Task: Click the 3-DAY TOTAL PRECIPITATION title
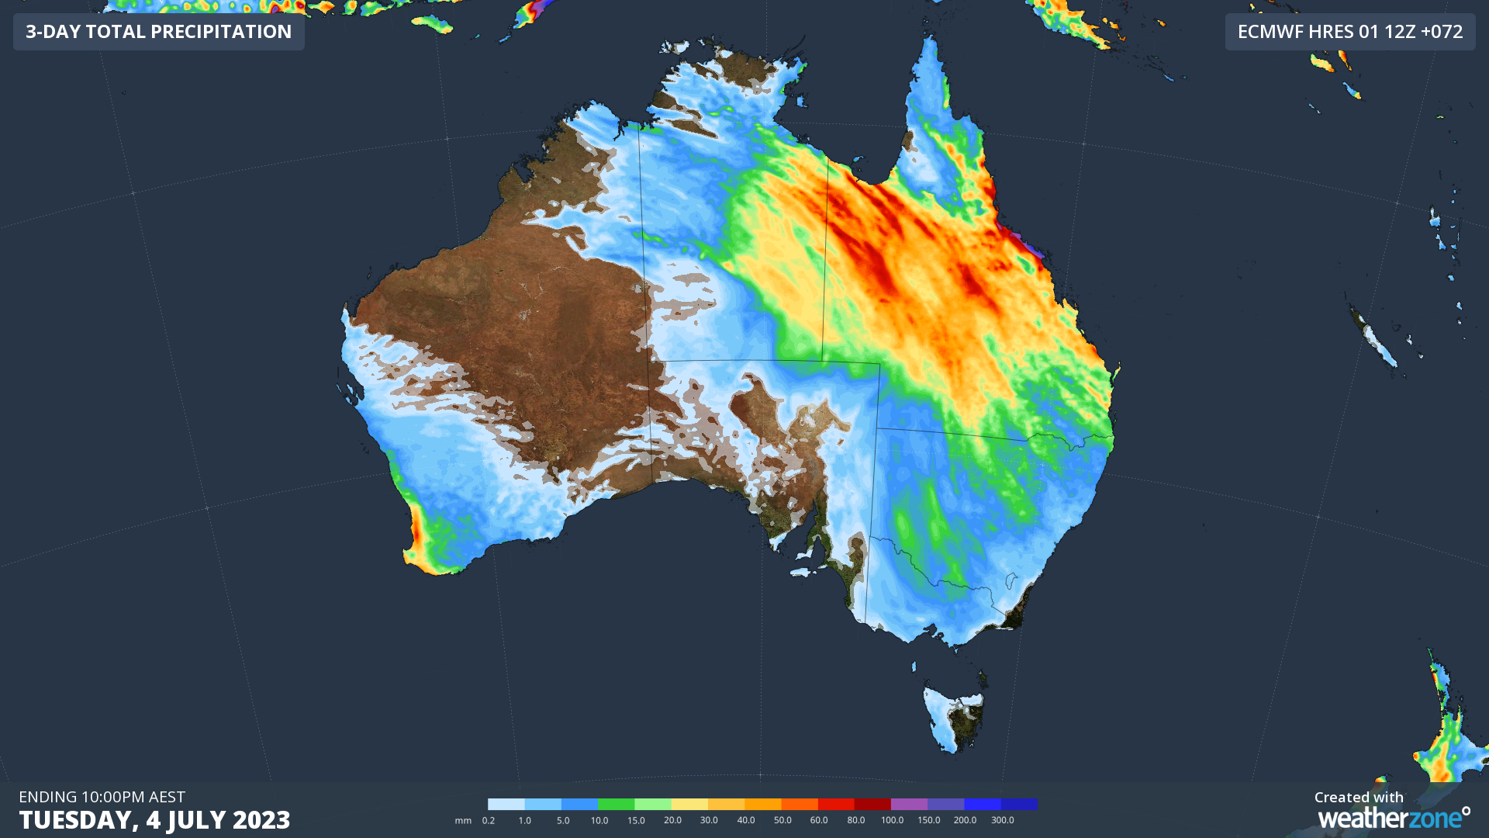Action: tap(158, 32)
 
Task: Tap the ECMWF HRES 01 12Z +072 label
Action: tap(1349, 32)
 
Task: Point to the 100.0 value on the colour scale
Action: tap(892, 820)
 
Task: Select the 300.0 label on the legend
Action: tap(1002, 820)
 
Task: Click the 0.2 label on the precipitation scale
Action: tap(489, 820)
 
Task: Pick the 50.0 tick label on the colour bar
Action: tap(783, 820)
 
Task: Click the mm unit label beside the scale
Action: tap(463, 820)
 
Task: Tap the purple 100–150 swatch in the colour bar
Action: tap(909, 804)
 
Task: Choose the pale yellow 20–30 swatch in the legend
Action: tap(689, 804)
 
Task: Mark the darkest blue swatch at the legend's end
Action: tap(1019, 804)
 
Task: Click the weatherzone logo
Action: tap(1394, 818)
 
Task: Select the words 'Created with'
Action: tap(1359, 797)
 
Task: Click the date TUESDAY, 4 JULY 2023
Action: tap(154, 819)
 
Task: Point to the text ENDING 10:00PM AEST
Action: tap(102, 797)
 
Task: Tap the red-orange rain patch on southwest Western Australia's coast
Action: tap(416, 535)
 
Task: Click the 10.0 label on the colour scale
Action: tap(599, 820)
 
